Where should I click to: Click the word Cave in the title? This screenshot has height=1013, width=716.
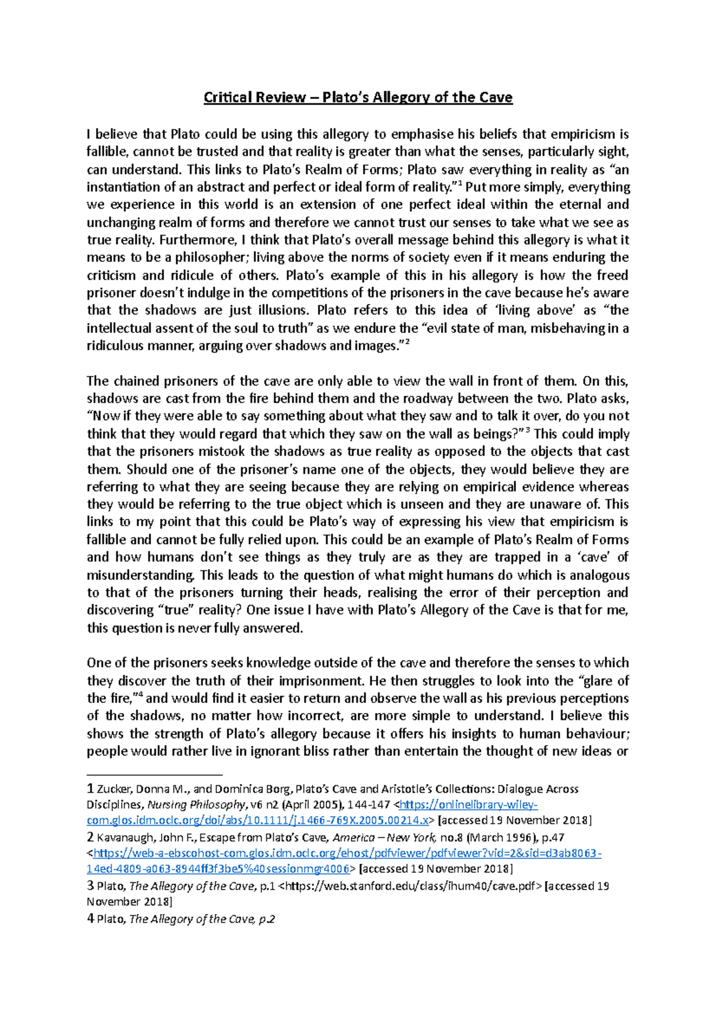(x=495, y=97)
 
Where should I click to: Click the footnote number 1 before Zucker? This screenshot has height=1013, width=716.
(x=91, y=789)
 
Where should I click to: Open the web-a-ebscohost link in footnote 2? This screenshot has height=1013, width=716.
(x=346, y=854)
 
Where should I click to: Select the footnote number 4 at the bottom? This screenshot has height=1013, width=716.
(x=91, y=919)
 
